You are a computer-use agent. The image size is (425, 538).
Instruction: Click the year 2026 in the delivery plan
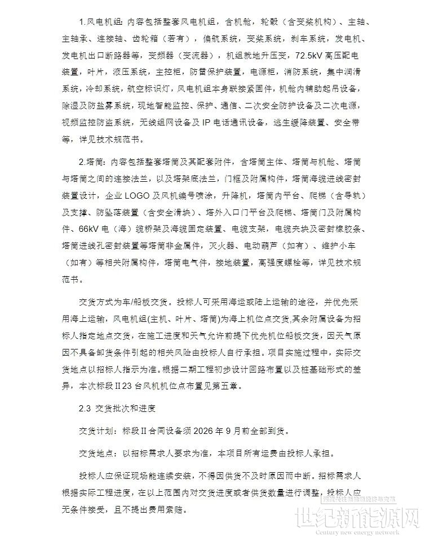[205, 431]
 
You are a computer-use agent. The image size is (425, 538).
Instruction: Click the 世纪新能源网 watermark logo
[368, 514]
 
